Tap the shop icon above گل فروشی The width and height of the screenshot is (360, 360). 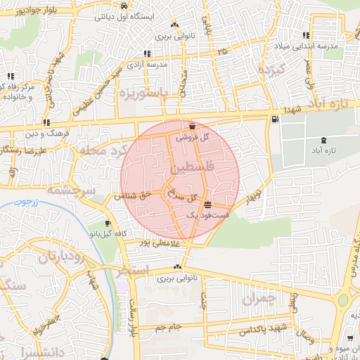[192, 126]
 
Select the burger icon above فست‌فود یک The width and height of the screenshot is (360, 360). [206, 205]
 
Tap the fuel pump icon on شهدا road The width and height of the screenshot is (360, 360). [274, 119]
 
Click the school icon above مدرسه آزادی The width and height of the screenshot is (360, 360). [146, 53]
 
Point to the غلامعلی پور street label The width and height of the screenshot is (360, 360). [160, 243]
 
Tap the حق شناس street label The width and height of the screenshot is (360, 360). [133, 198]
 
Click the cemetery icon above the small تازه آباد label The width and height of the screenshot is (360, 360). [323, 141]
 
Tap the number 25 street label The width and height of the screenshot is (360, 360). [222, 51]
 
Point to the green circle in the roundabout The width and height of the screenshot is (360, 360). [343, 300]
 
